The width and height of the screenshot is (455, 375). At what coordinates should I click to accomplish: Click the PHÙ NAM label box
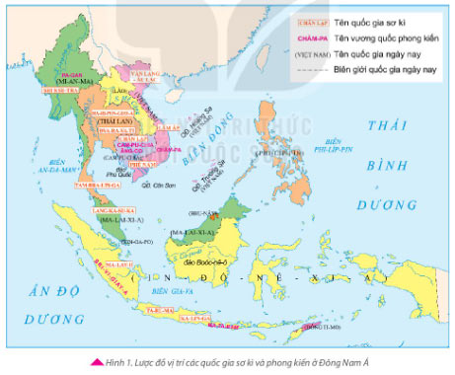point(135,166)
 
